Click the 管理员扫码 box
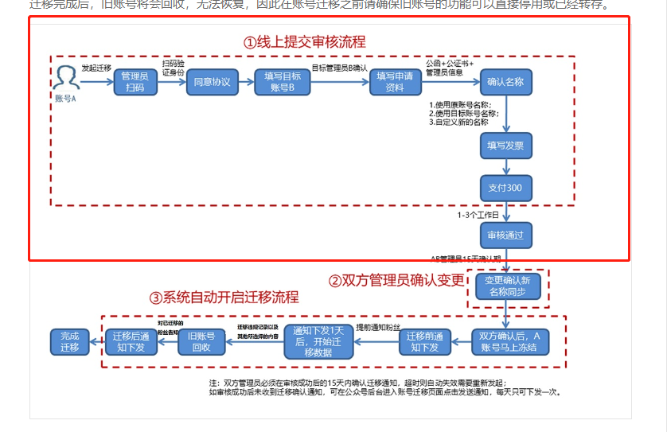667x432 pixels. (x=135, y=83)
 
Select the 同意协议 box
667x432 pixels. (x=213, y=83)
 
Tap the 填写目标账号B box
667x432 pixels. (x=283, y=83)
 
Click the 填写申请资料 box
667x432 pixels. (x=395, y=83)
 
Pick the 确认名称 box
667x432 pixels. (x=505, y=83)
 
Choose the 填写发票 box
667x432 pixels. (x=505, y=146)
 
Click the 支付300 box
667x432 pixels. (x=505, y=188)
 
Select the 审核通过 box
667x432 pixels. (x=505, y=235)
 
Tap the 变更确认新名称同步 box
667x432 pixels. (x=508, y=286)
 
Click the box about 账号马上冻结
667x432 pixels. (x=509, y=341)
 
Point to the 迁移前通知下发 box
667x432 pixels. (x=425, y=341)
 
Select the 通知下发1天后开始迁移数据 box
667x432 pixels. (x=318, y=341)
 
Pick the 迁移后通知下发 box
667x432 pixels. (x=129, y=341)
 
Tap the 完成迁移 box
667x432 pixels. (x=69, y=341)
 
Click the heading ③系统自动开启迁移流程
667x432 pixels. (x=224, y=298)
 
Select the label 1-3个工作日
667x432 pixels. (x=478, y=216)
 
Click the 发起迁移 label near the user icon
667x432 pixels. (x=96, y=68)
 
